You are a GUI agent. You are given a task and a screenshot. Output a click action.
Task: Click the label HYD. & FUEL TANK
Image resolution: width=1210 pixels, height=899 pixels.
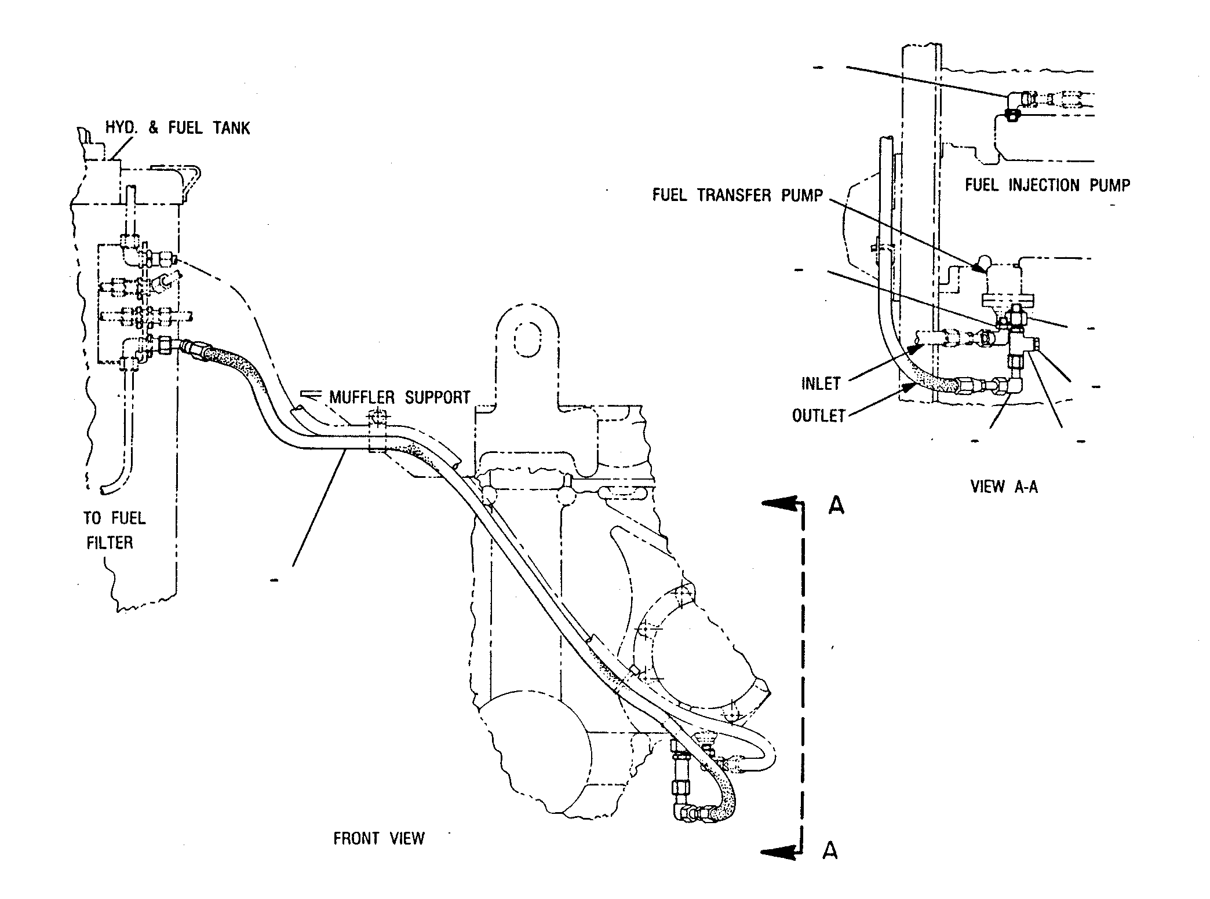click(178, 128)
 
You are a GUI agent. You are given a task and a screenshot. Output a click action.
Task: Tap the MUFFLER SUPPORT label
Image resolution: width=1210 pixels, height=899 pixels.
click(400, 397)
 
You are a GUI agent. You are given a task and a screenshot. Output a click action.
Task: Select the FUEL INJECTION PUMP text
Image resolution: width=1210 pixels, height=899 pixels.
click(1048, 185)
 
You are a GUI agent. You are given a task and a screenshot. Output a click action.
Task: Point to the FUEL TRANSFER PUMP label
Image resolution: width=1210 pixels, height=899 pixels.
click(738, 195)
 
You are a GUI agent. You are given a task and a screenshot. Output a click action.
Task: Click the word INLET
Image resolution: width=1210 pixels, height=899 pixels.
click(821, 384)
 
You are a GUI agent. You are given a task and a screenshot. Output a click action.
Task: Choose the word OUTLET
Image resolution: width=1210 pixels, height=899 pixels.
click(819, 416)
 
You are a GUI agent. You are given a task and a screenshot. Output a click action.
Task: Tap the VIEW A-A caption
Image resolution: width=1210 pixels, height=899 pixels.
click(1004, 487)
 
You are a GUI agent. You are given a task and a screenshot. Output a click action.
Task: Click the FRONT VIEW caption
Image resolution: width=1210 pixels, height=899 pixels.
click(379, 839)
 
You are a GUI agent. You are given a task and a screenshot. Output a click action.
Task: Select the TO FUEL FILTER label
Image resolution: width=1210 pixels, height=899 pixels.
click(115, 530)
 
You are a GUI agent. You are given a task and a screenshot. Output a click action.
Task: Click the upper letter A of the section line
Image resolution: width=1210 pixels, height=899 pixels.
click(836, 506)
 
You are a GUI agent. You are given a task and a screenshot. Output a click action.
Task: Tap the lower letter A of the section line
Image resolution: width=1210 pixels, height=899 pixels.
click(830, 850)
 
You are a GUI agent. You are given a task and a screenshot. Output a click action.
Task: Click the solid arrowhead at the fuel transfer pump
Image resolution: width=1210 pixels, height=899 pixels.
click(978, 266)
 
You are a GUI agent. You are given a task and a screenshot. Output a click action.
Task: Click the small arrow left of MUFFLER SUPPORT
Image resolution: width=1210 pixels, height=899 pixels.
click(312, 396)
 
